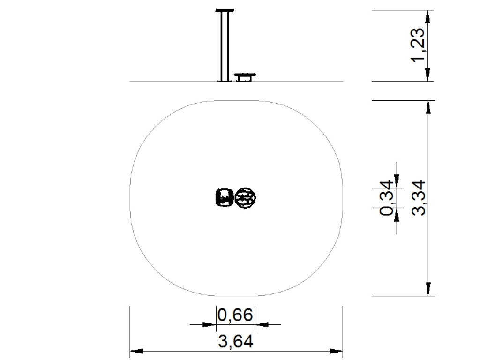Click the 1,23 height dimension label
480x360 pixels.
tap(418, 45)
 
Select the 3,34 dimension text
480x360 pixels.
tap(419, 198)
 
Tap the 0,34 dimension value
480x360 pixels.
tap(386, 198)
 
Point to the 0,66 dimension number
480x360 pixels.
tap(235, 315)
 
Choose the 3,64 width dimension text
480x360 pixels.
tap(236, 341)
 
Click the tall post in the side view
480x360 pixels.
tap(225, 46)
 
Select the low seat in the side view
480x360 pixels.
tap(244, 77)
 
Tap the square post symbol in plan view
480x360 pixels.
tap(225, 197)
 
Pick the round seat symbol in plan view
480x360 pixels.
tap(245, 198)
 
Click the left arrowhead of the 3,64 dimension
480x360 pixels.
tap(136, 351)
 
